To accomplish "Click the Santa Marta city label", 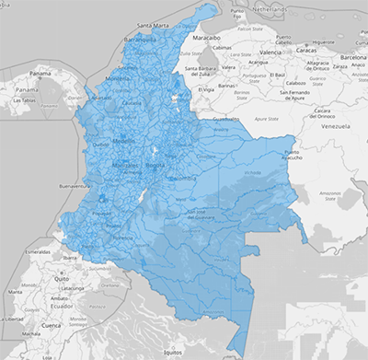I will [158, 26].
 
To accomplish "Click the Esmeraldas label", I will [38, 250].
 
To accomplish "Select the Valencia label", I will [270, 52].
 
